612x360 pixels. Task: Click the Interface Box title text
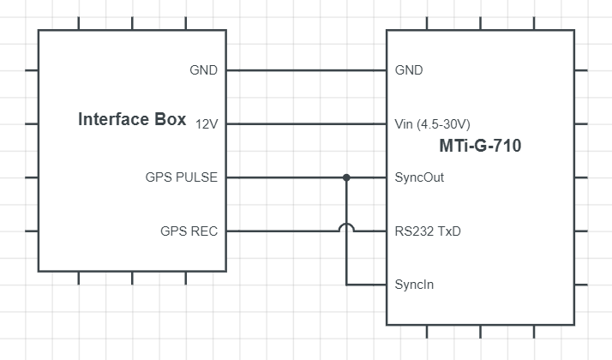[132, 120]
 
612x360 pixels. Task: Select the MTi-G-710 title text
[480, 147]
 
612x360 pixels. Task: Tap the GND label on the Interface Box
[203, 70]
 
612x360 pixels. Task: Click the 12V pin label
[207, 124]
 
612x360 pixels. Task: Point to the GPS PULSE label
[182, 177]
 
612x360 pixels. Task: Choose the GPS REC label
[189, 231]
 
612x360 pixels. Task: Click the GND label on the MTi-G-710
[409, 70]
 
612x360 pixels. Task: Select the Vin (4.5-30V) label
[433, 124]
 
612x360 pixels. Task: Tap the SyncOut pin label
[419, 177]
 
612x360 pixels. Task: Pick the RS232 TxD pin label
[428, 231]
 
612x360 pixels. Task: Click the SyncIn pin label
[414, 285]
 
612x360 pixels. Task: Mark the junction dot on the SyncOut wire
[346, 177]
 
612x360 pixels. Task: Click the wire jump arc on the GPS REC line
[346, 227]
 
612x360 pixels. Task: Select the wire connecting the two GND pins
[306, 70]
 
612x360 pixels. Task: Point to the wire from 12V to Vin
[306, 124]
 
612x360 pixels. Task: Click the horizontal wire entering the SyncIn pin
[367, 285]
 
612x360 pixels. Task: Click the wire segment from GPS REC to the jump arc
[282, 231]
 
